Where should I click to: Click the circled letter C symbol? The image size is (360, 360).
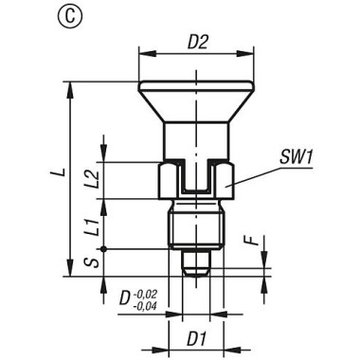tap(18, 18)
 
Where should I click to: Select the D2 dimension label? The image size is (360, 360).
tap(197, 42)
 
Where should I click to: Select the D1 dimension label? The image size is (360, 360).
tap(196, 337)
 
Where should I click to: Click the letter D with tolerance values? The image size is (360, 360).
tap(127, 301)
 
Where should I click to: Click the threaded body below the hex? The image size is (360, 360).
tap(195, 227)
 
